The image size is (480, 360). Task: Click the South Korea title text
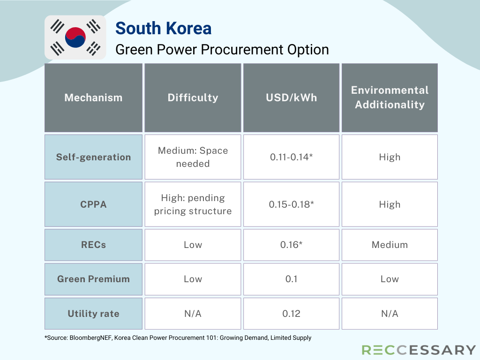[x=163, y=29]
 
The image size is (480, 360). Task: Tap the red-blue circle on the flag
[x=75, y=37]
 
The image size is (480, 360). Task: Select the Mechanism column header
[x=93, y=97]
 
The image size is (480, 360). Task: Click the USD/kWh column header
[x=291, y=97]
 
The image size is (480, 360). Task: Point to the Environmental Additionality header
[x=390, y=97]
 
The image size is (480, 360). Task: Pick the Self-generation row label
[x=93, y=157]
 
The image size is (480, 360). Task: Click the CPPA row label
[x=93, y=204]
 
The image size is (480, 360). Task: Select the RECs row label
[x=93, y=245]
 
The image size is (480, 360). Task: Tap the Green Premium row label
[x=93, y=279]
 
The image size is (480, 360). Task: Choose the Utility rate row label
[x=93, y=314]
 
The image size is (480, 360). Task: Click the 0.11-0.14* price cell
[x=291, y=157]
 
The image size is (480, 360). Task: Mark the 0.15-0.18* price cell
[x=291, y=204]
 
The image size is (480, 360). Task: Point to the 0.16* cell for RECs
[x=291, y=245]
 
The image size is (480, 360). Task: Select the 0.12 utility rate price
[x=291, y=314]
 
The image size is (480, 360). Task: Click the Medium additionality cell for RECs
[x=390, y=245]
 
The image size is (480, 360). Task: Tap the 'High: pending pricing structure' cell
[x=193, y=204]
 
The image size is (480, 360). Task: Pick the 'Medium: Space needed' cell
[x=193, y=157]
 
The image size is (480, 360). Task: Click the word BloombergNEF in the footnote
[x=90, y=337]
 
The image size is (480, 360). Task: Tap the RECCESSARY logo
[x=419, y=350]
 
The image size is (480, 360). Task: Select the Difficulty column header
[x=193, y=97]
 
